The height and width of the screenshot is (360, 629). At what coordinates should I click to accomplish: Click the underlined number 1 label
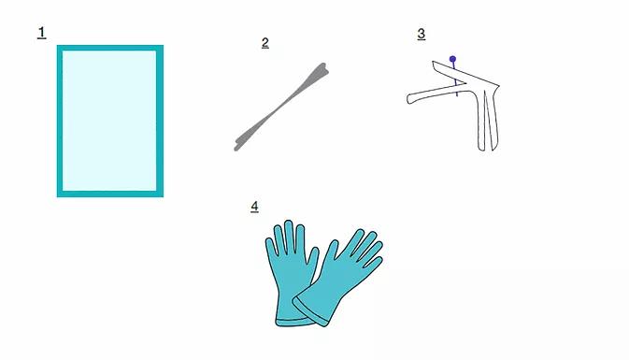42,33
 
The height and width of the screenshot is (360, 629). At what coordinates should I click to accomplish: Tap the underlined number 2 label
265,43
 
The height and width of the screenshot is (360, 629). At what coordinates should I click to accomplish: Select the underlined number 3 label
422,34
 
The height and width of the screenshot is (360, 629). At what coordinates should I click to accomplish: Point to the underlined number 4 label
255,207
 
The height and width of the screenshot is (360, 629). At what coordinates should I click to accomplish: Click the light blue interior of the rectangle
109,121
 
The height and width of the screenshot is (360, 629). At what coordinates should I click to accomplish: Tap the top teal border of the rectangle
110,48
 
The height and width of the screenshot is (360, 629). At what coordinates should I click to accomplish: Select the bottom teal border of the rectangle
110,194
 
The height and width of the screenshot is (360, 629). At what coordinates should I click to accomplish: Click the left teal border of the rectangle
60,121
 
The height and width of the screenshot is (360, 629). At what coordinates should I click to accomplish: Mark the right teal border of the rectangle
160,121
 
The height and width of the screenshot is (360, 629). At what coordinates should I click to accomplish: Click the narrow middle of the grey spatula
282,107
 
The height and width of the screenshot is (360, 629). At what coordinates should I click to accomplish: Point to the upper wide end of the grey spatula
319,72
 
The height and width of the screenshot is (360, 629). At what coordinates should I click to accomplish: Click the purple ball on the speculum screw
453,60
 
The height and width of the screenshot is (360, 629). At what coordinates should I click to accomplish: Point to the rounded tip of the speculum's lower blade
410,99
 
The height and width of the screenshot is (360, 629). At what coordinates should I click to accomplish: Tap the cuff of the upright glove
293,321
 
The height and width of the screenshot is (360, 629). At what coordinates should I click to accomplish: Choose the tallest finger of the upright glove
289,236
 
